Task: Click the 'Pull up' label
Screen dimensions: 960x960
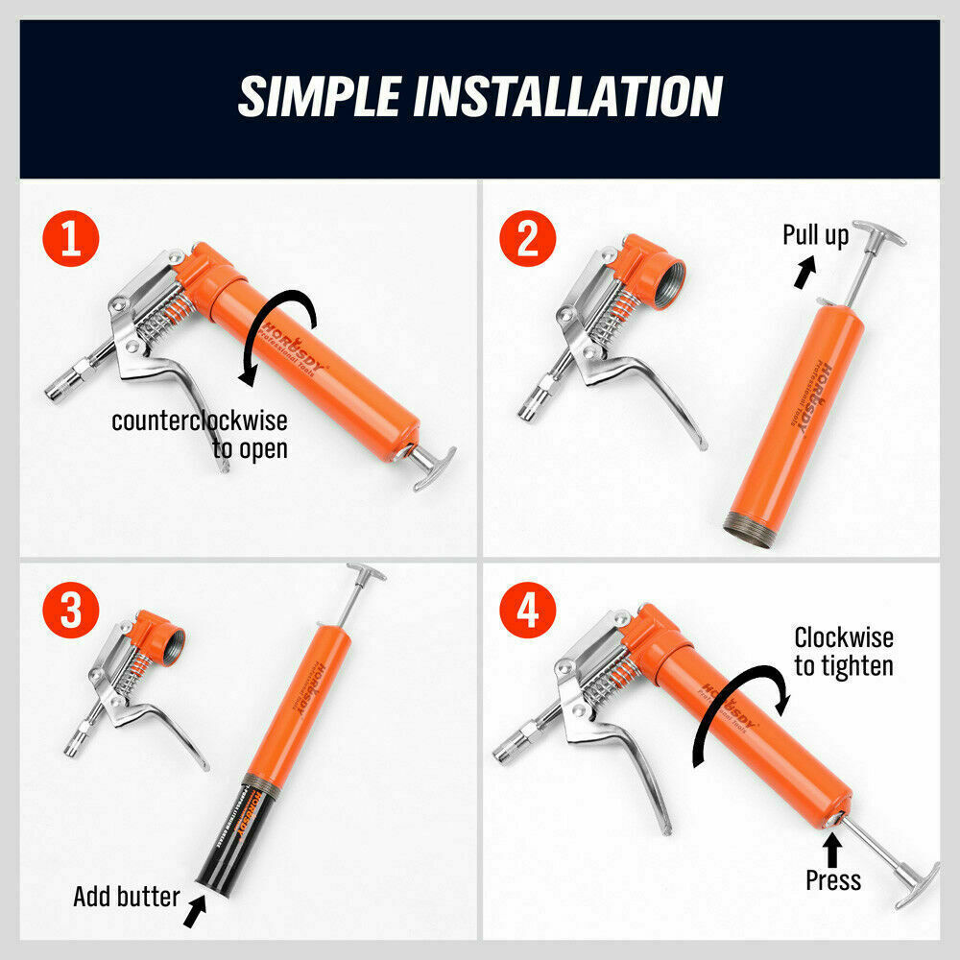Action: click(815, 235)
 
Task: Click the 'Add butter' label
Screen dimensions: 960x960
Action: click(126, 897)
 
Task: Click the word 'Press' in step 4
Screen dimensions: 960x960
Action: click(832, 879)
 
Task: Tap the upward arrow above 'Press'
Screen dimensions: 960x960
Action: click(832, 848)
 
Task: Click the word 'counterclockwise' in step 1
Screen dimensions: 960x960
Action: click(199, 420)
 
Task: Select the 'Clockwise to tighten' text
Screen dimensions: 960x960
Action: click(843, 651)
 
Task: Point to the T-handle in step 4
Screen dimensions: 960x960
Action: click(916, 884)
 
